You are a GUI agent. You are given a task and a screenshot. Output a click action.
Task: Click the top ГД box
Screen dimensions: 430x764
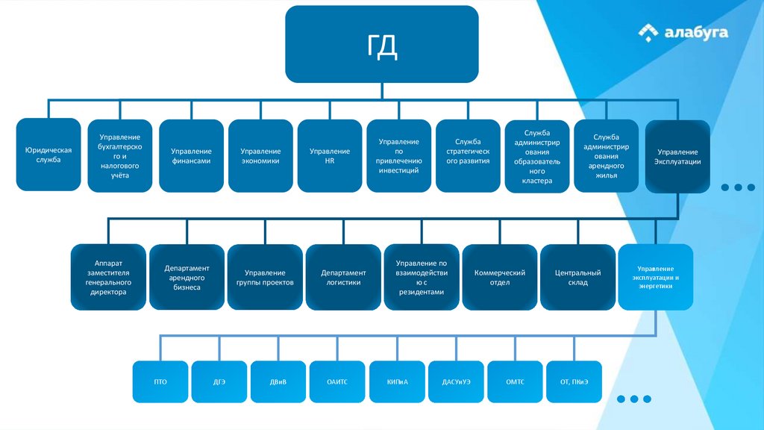coord(381,44)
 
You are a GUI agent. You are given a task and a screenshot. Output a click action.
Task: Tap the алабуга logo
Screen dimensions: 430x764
coord(683,32)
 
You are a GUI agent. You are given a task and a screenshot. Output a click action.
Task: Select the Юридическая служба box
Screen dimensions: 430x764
coord(48,155)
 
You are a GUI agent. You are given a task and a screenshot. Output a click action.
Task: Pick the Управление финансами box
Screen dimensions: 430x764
coord(191,156)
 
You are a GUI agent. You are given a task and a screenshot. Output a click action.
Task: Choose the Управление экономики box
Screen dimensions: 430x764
coord(261,156)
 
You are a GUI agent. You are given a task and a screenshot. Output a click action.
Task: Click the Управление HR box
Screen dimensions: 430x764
coord(330,156)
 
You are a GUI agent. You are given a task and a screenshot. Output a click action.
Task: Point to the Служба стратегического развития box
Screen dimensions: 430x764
coord(468,156)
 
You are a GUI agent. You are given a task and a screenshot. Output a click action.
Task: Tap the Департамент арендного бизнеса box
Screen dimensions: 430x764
coord(187,277)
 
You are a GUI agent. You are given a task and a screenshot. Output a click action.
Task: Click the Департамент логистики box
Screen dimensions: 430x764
coord(344,277)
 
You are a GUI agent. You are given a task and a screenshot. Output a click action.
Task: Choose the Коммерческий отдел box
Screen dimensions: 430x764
coord(500,277)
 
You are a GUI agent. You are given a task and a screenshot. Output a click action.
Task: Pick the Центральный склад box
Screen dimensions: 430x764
coord(577,277)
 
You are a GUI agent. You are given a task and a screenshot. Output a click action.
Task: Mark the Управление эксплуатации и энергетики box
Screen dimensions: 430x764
coord(655,277)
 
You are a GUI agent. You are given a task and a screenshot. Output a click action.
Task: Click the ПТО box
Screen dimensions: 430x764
coord(160,381)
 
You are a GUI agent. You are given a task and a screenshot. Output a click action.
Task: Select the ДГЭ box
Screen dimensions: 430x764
coord(219,381)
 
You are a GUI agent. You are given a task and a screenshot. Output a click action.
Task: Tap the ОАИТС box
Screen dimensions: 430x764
coord(337,381)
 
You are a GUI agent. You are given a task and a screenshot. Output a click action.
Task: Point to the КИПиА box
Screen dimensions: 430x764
coord(397,381)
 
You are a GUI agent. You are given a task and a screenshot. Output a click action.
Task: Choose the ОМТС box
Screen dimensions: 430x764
coord(515,381)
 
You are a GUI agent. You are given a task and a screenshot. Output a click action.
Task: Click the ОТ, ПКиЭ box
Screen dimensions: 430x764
coord(574,381)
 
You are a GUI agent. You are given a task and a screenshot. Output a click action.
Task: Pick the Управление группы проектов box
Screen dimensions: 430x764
coord(265,277)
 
